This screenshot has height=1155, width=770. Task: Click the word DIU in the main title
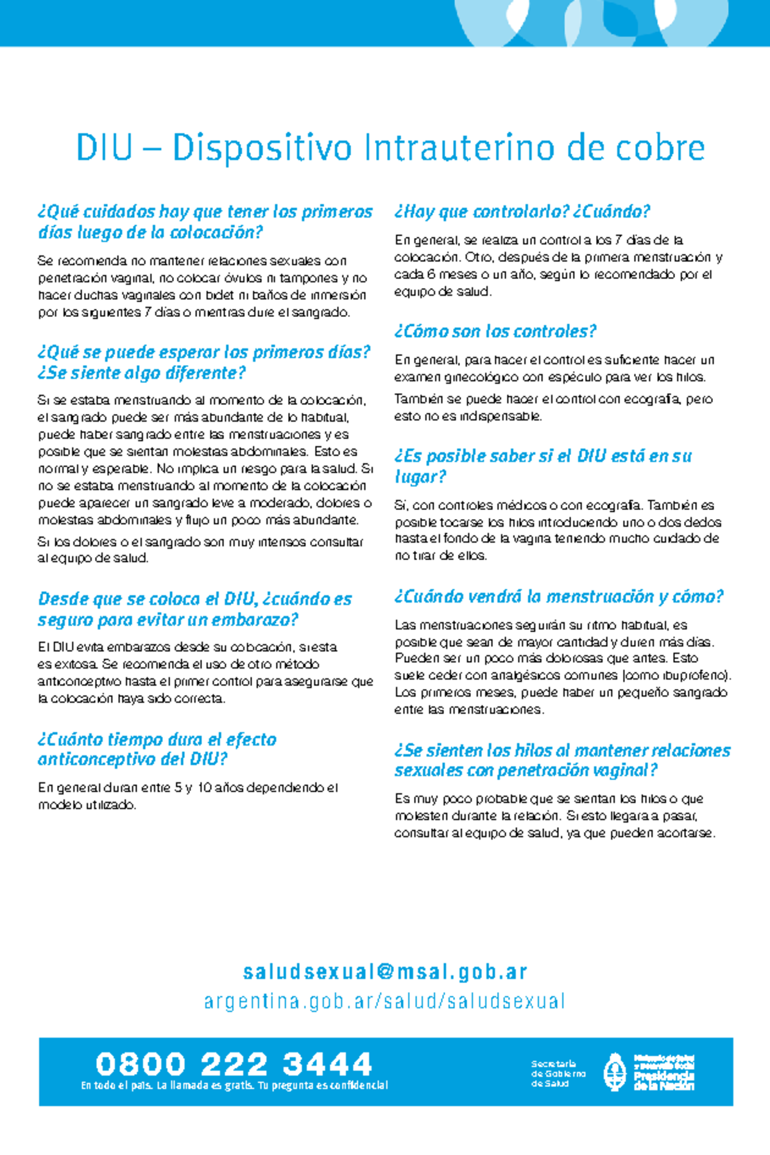[x=104, y=148]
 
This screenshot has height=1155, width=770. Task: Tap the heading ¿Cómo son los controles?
[x=495, y=332]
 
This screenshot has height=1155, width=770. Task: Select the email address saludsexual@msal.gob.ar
[x=385, y=972]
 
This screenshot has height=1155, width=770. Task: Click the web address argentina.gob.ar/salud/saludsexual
[x=385, y=1002]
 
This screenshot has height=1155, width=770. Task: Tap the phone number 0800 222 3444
[x=234, y=1064]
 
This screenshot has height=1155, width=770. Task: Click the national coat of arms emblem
[x=615, y=1072]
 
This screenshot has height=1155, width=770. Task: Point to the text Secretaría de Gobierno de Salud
[x=558, y=1074]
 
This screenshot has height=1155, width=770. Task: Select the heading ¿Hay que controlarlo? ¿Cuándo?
[x=522, y=212]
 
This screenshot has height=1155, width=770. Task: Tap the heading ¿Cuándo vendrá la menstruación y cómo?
[x=558, y=597]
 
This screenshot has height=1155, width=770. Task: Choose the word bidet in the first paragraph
[x=219, y=296]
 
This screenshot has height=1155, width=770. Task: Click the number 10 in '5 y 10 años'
[x=205, y=788]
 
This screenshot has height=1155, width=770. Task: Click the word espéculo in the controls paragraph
[x=574, y=377]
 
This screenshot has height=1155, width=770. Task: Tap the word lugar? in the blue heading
[x=420, y=477]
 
